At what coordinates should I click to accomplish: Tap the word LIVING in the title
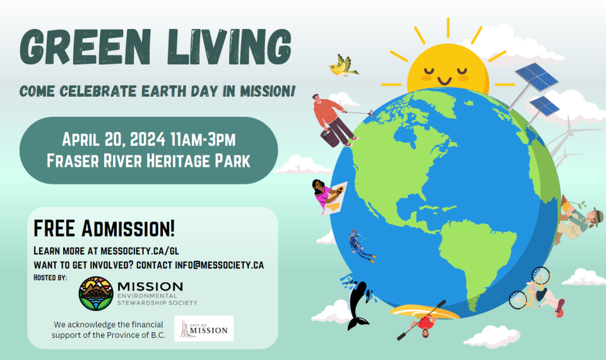(229, 46)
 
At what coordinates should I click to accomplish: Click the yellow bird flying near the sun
(343, 66)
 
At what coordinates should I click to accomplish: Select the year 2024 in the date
(147, 139)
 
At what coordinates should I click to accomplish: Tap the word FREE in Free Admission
(54, 228)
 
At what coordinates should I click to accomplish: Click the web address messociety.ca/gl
(140, 251)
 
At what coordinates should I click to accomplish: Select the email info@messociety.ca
(219, 265)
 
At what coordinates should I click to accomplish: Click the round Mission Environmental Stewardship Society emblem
(96, 293)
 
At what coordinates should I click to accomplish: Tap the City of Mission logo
(204, 328)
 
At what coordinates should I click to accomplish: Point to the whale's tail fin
(358, 322)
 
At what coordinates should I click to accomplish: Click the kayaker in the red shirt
(424, 324)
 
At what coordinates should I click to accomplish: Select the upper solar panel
(537, 76)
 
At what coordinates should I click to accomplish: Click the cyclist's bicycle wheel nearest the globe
(518, 299)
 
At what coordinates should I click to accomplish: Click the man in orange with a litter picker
(333, 120)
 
